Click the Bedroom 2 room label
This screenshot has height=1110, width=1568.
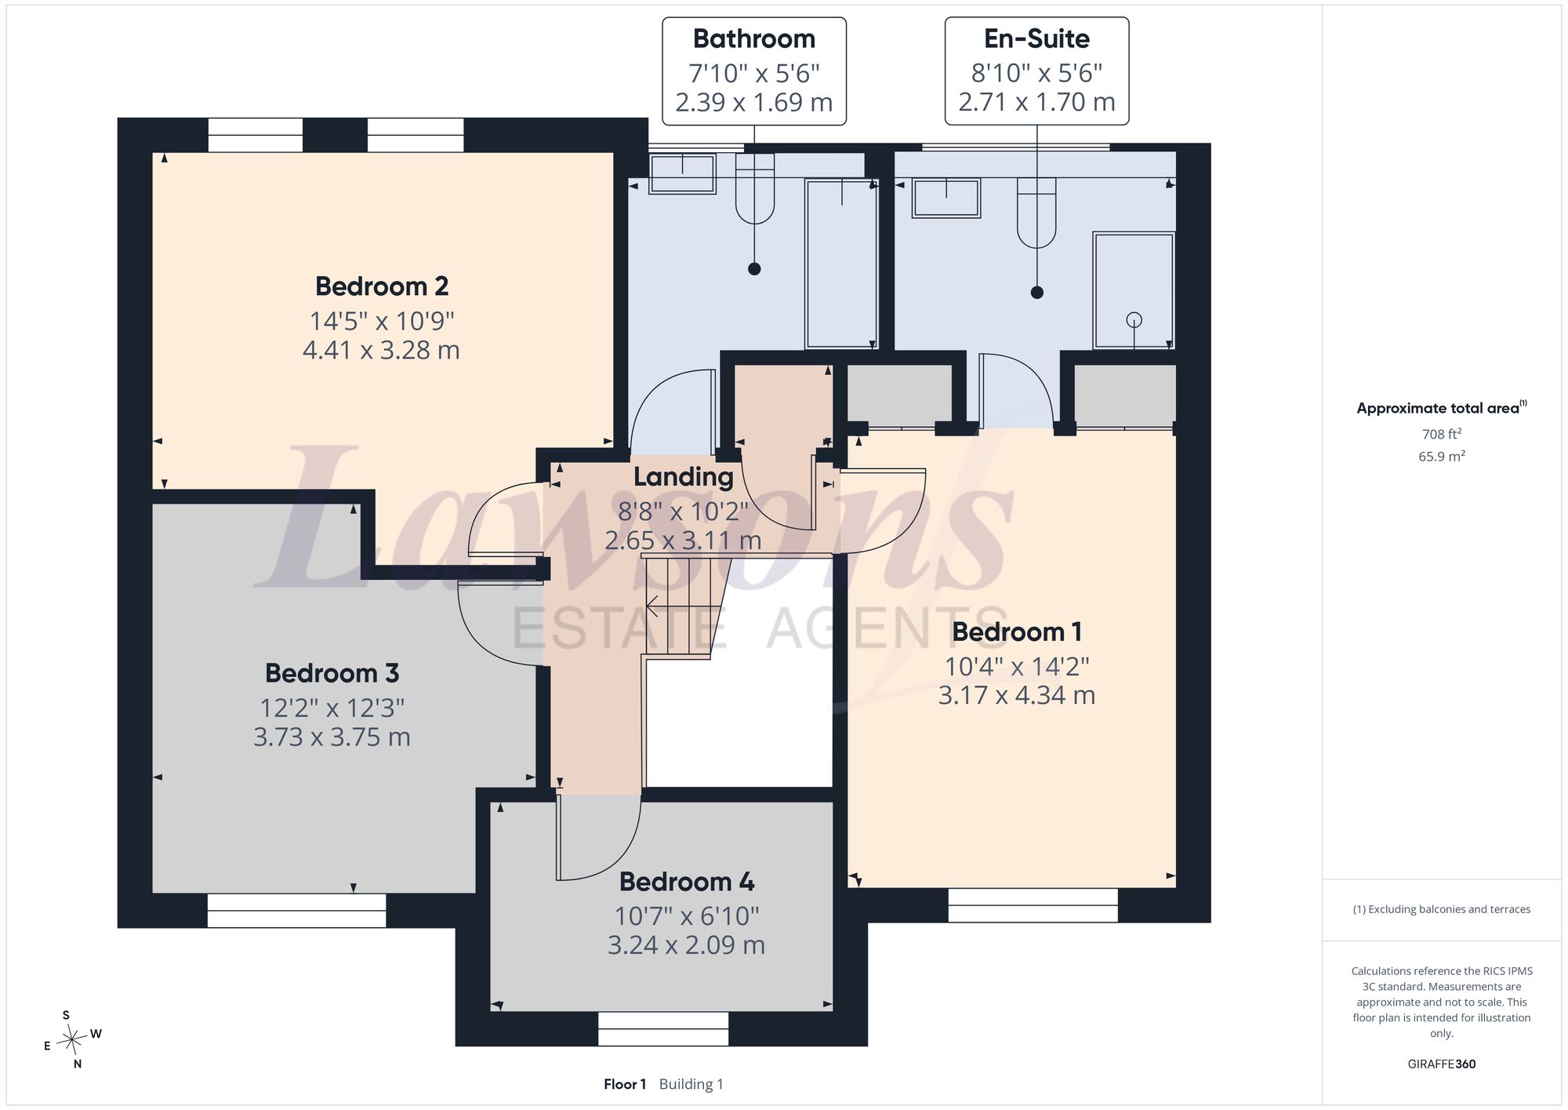(x=382, y=286)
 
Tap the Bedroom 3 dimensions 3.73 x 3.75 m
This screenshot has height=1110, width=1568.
(x=332, y=737)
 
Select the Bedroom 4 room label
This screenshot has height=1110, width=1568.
(x=687, y=882)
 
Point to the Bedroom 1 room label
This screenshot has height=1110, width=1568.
(x=1017, y=631)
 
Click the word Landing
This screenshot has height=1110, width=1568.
(x=683, y=477)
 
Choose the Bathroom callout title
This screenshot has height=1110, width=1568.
(x=754, y=38)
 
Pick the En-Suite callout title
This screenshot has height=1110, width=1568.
(x=1036, y=38)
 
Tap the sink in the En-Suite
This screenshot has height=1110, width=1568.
(x=946, y=198)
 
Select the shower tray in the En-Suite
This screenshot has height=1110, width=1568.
(x=1134, y=290)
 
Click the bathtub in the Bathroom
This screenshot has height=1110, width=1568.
(x=842, y=264)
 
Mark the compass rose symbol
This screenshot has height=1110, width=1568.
(x=72, y=1040)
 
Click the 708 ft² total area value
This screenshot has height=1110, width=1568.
(x=1442, y=434)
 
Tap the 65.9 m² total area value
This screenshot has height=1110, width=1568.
(x=1442, y=456)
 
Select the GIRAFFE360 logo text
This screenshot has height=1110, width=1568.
(x=1442, y=1065)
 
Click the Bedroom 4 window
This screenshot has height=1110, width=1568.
(x=663, y=1028)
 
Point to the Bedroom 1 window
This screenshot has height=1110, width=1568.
(x=1033, y=905)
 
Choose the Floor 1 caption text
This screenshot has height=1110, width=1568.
(x=625, y=1084)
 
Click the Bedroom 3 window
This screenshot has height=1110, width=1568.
(x=296, y=911)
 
